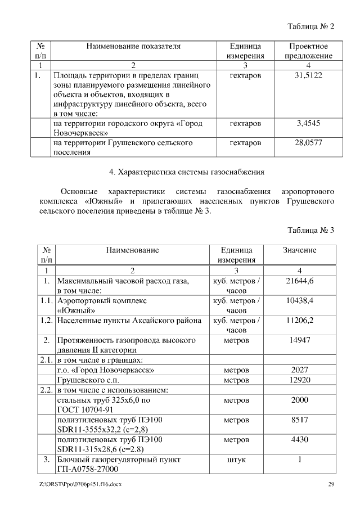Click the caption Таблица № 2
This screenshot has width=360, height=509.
pyautogui.click(x=310, y=26)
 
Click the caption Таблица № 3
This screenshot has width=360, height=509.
pyautogui.click(x=310, y=230)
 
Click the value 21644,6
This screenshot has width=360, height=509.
pyautogui.click(x=299, y=281)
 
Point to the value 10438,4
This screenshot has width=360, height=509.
pyautogui.click(x=299, y=301)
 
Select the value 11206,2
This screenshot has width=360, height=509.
pyautogui.click(x=299, y=321)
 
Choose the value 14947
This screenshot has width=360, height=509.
pyautogui.click(x=299, y=340)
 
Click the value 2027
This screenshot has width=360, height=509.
pyautogui.click(x=299, y=370)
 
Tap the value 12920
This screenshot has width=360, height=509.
pyautogui.click(x=299, y=380)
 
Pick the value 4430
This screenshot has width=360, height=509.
pyautogui.click(x=299, y=439)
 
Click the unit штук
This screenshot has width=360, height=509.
pyautogui.click(x=236, y=460)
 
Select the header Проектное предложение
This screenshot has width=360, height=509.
pyautogui.click(x=308, y=51)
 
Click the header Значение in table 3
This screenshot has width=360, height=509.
pyautogui.click(x=299, y=250)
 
